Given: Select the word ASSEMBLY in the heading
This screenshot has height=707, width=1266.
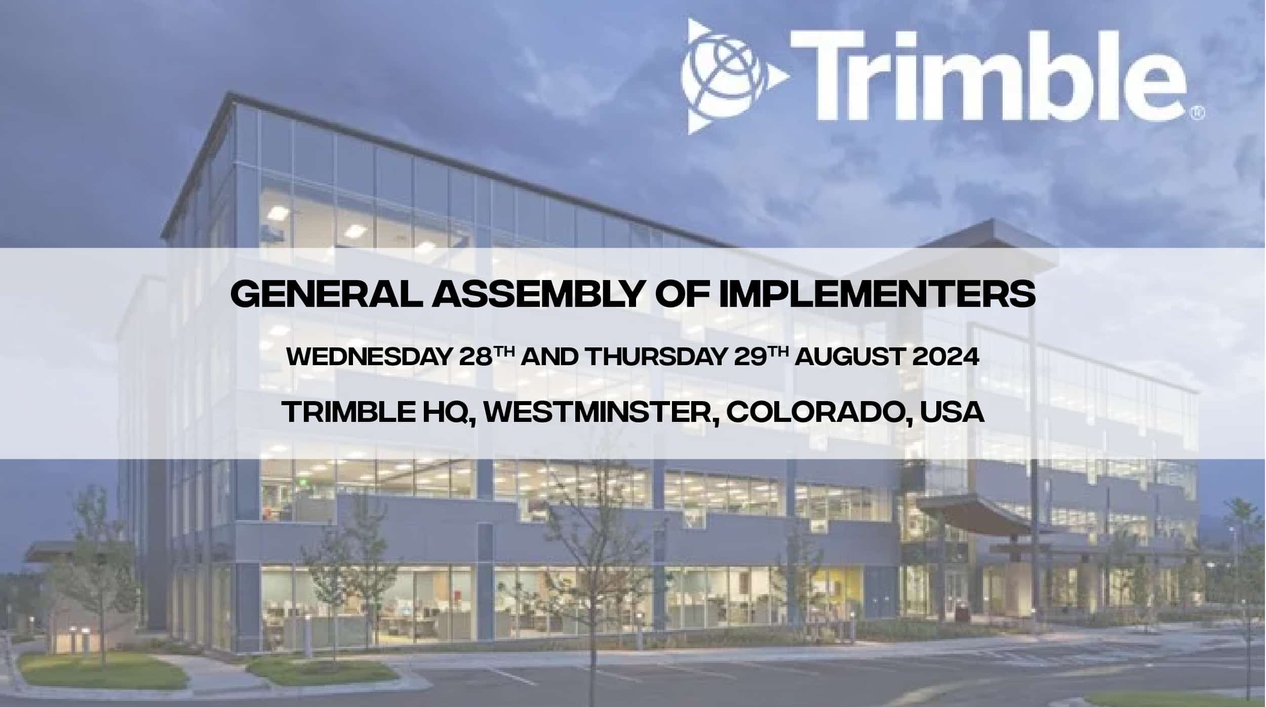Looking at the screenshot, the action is click(536, 295).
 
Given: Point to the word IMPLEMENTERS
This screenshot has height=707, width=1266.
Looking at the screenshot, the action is click(877, 295).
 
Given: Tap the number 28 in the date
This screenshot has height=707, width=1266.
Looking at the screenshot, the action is click(476, 358).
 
